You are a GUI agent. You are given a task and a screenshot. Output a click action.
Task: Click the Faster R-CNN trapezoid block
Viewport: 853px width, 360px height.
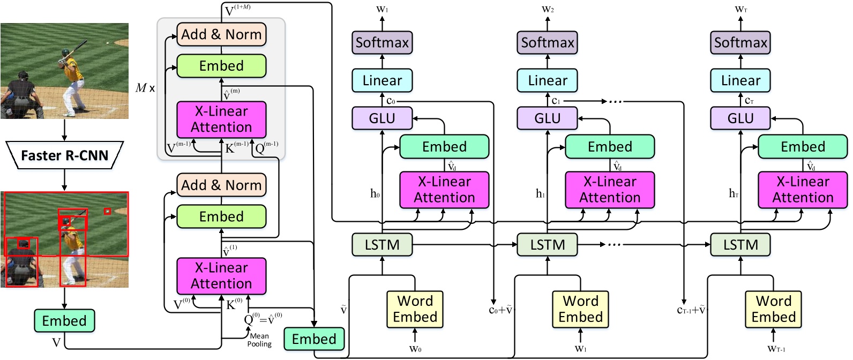click(64, 155)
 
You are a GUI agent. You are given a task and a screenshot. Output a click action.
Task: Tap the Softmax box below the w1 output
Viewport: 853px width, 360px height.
click(382, 42)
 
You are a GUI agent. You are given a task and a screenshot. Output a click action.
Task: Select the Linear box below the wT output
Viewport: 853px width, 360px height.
click(740, 80)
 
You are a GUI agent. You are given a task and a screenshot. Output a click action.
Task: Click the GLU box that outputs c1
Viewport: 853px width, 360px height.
click(547, 118)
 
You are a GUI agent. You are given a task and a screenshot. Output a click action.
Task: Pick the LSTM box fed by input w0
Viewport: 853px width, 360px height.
click(382, 245)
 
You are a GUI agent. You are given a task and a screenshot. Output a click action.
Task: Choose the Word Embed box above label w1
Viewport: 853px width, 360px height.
click(580, 309)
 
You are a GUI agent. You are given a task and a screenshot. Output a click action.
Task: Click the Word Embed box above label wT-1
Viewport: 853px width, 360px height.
click(773, 309)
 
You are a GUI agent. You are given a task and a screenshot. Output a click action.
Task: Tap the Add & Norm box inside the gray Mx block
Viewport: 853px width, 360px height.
click(221, 34)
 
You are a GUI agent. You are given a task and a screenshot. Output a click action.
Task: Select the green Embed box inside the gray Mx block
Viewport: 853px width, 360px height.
click(221, 66)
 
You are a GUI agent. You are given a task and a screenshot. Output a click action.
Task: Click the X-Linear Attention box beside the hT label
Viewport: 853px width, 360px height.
click(803, 190)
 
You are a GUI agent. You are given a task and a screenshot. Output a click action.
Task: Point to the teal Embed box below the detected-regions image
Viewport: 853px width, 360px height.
click(64, 321)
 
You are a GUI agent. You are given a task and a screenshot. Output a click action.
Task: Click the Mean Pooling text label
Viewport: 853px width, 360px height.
click(259, 340)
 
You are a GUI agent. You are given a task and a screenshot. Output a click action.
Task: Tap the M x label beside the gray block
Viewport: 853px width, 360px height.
click(145, 88)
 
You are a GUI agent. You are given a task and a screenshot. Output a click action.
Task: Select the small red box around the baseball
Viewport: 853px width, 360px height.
click(107, 211)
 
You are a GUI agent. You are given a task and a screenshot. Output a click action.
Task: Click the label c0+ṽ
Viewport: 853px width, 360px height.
click(501, 310)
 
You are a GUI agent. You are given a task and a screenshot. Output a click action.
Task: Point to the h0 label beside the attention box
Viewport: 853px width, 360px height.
click(375, 193)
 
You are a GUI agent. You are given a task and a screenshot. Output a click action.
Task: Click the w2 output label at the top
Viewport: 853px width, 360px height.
click(548, 9)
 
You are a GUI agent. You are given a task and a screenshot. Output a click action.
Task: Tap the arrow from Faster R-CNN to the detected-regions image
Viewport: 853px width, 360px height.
click(64, 179)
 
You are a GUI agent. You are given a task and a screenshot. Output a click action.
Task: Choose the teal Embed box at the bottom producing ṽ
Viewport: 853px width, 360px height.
click(314, 339)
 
